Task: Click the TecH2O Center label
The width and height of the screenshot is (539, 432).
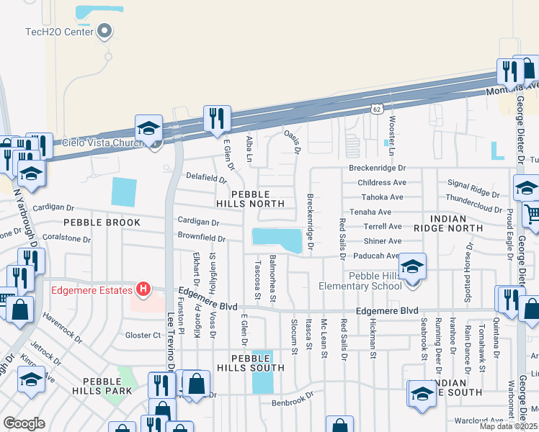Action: pos(58,31)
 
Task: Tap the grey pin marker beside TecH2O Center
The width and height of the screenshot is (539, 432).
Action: pos(104,30)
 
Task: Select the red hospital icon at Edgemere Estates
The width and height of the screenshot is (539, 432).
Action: pos(143,289)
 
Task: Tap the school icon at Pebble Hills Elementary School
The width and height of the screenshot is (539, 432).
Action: pos(411,266)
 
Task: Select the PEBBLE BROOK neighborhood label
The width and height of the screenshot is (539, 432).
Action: pos(102,222)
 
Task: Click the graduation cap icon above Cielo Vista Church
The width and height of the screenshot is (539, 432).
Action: pos(148,127)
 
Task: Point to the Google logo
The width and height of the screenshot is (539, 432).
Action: pos(24,423)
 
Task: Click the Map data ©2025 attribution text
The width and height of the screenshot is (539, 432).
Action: pos(508,426)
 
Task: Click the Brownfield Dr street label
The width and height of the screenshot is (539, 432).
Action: pos(201,237)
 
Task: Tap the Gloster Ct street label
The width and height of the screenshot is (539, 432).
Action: pos(143,335)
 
